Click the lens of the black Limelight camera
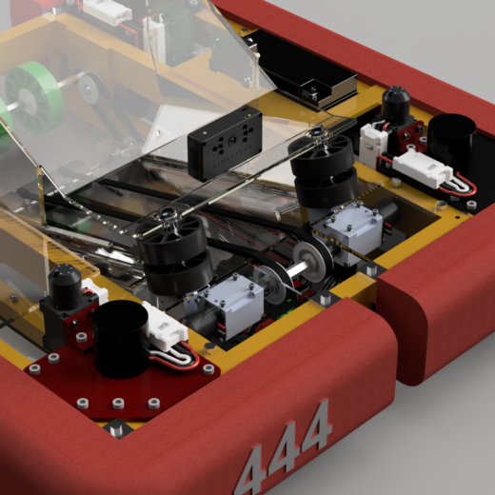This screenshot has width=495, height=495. [233, 139]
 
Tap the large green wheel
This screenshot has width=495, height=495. [34, 94]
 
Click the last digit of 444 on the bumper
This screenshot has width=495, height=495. [313, 426]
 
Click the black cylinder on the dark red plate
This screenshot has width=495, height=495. [120, 338]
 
